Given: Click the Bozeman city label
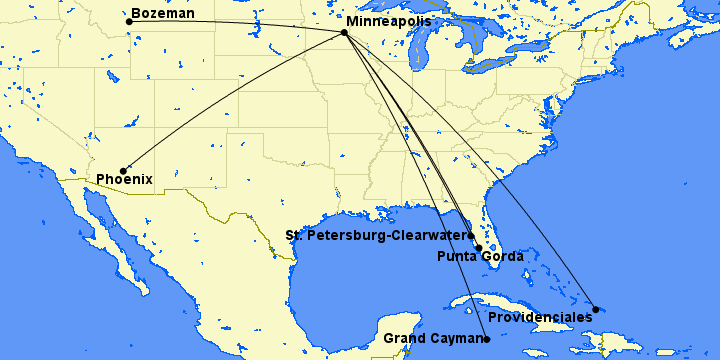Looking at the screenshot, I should [x=162, y=11].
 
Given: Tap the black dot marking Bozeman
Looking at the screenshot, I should [x=129, y=21].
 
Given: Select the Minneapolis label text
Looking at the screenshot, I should [x=388, y=20].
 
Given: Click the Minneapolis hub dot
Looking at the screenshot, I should [x=344, y=32].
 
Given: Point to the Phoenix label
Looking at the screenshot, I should [x=124, y=180].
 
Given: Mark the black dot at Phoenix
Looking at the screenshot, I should [x=123, y=171].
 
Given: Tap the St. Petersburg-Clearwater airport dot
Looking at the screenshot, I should [x=470, y=236].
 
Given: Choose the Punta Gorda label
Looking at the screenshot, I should [x=480, y=257].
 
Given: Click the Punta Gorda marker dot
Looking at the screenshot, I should [x=478, y=248].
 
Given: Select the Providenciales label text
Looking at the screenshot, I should [x=540, y=317].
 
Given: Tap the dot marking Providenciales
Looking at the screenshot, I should [x=596, y=309].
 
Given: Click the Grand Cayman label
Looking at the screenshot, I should [x=433, y=339].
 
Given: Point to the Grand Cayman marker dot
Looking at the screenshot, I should [x=487, y=339].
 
